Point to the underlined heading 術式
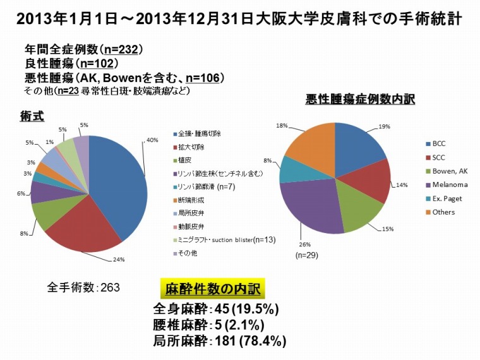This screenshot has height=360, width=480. pos(32,115)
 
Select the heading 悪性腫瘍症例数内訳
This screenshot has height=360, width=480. pos(360,100)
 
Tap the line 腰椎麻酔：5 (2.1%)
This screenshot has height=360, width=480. pos(209,325)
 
